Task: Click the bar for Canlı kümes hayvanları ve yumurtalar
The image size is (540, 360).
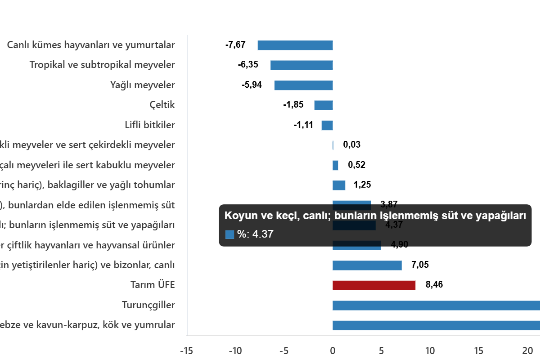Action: (295, 45)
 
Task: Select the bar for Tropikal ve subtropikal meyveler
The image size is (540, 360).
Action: (301, 65)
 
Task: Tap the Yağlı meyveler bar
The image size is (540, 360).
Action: (304, 85)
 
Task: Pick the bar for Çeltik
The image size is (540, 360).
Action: (324, 105)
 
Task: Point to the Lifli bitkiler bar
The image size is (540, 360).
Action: (327, 126)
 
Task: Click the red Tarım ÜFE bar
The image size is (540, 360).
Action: (374, 285)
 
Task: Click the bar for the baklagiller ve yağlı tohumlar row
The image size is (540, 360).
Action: (339, 185)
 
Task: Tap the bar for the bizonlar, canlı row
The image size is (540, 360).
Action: (367, 265)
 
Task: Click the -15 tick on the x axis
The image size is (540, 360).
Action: (186, 351)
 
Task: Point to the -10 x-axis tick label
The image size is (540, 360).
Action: (235, 351)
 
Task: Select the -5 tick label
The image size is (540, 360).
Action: (284, 351)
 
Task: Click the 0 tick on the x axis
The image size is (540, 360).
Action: (333, 351)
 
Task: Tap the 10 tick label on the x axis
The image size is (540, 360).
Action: (430, 351)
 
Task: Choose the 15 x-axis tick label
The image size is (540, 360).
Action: (479, 351)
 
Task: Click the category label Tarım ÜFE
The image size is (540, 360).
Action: (152, 285)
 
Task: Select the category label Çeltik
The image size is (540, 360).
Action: (162, 105)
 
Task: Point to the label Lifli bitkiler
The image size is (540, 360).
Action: (149, 126)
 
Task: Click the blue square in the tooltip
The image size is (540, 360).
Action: (229, 234)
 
